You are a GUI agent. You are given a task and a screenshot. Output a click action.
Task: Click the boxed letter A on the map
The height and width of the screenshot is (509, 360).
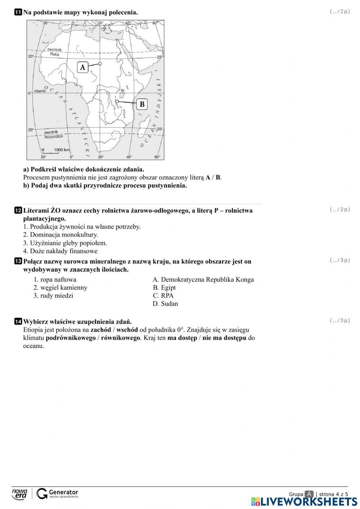click(x=82, y=67)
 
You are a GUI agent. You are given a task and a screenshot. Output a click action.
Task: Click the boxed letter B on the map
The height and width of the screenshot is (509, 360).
click(x=142, y=104)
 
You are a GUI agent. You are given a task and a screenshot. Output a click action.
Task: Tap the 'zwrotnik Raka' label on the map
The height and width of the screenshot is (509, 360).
click(x=54, y=52)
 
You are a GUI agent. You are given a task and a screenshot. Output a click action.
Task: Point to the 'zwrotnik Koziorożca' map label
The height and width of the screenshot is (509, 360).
click(x=53, y=134)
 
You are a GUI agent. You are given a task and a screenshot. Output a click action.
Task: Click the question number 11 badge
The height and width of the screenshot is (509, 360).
click(x=18, y=13)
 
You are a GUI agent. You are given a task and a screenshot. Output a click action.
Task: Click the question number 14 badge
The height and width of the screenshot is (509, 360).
click(x=18, y=322)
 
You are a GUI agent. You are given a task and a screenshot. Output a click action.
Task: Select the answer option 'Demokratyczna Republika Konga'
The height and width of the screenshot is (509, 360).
click(x=207, y=280)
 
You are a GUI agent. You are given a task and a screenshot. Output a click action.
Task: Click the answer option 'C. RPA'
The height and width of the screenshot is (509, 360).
click(x=163, y=296)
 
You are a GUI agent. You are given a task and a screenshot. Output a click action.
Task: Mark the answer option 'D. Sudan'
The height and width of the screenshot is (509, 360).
click(x=165, y=304)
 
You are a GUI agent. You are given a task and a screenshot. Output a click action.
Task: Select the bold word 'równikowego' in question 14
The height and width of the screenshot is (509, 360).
click(x=121, y=338)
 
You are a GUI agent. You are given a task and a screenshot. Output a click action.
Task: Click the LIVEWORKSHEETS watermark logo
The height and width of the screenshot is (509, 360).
click(x=304, y=502)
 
